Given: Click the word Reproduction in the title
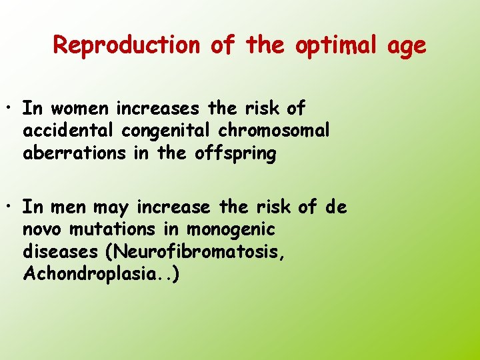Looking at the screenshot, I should pyautogui.click(x=126, y=45).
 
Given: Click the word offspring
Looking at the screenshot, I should pyautogui.click(x=235, y=154).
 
